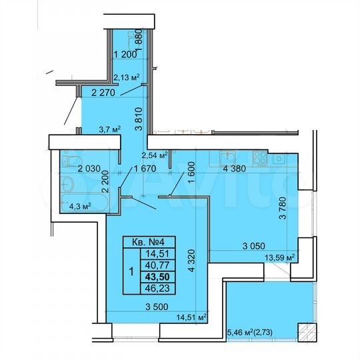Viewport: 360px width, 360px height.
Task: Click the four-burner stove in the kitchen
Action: [x=275, y=159]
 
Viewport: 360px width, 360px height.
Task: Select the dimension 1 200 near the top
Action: [x=127, y=55]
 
